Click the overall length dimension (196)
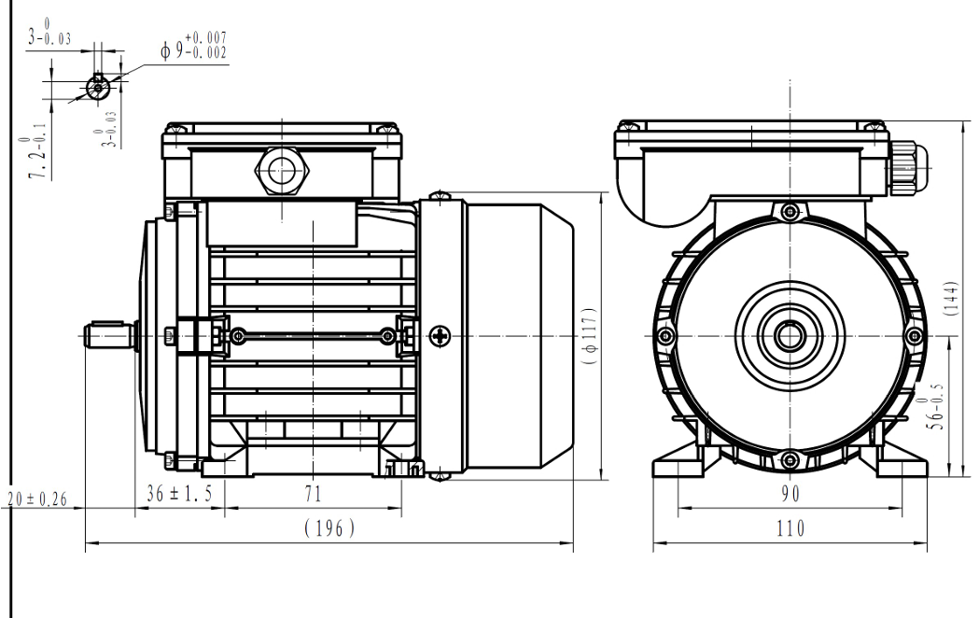point(329,528)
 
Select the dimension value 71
point(313,494)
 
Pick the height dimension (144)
point(951,297)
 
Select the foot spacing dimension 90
point(790,494)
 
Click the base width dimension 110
point(790,528)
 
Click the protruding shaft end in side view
point(110,335)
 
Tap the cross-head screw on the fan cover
point(441,335)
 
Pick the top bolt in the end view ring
point(790,212)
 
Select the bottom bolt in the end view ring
point(790,457)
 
